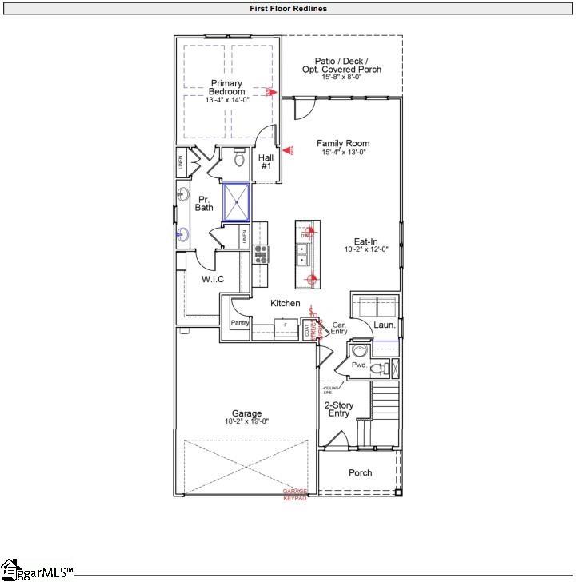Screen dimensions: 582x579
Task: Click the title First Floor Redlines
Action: (x=289, y=9)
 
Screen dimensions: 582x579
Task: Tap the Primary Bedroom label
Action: (x=226, y=88)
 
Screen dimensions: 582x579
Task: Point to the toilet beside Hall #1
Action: (x=238, y=158)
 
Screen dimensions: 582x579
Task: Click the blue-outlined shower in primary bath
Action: (x=237, y=202)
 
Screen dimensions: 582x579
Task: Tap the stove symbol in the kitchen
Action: (x=261, y=254)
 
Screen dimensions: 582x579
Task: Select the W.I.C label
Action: (x=213, y=279)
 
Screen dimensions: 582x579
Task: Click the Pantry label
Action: (x=241, y=323)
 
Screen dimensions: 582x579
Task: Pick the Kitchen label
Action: (x=286, y=304)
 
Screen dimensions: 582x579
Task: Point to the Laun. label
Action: (x=385, y=325)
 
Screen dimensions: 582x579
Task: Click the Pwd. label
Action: (x=359, y=365)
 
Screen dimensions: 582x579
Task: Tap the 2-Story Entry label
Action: (x=338, y=409)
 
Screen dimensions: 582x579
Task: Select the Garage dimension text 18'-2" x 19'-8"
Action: (x=247, y=422)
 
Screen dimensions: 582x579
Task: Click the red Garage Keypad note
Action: (x=295, y=495)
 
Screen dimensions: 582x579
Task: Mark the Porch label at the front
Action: (x=361, y=472)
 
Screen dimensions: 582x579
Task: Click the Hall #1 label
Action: (x=266, y=161)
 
